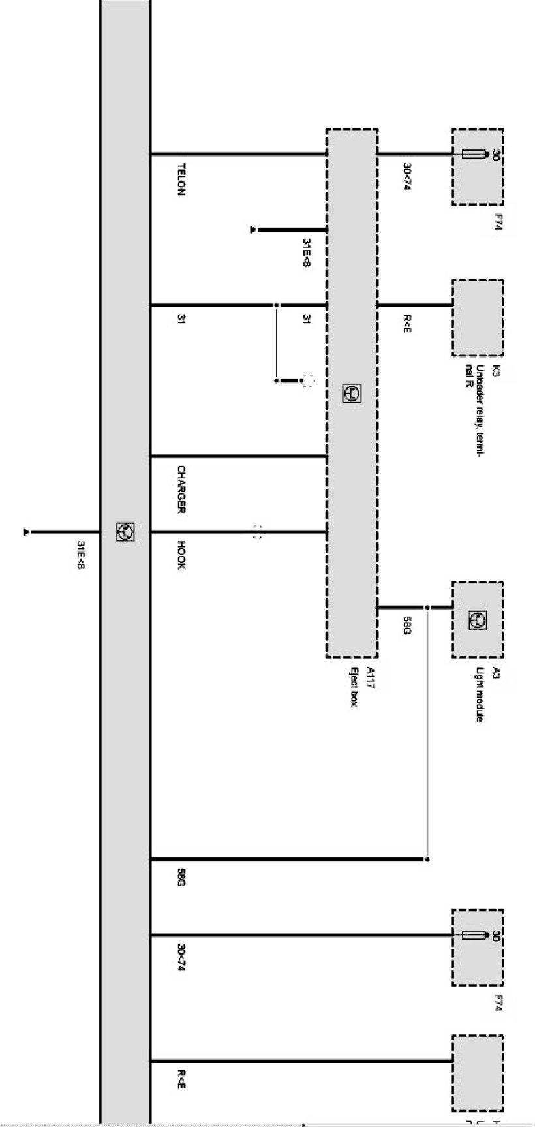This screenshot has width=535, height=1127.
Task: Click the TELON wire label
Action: (181, 179)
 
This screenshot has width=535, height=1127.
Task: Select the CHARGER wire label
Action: (181, 489)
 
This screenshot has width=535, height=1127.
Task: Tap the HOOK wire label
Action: (181, 555)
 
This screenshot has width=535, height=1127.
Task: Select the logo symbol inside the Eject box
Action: (352, 393)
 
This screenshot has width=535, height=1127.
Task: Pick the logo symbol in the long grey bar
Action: (125, 532)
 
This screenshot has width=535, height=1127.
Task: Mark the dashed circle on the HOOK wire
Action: (258, 533)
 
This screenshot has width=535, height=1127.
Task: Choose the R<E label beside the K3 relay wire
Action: (406, 324)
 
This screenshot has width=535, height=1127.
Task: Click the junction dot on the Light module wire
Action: (427, 608)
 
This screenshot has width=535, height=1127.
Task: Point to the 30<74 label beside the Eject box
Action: (406, 176)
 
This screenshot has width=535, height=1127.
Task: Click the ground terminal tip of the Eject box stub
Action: (252, 230)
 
